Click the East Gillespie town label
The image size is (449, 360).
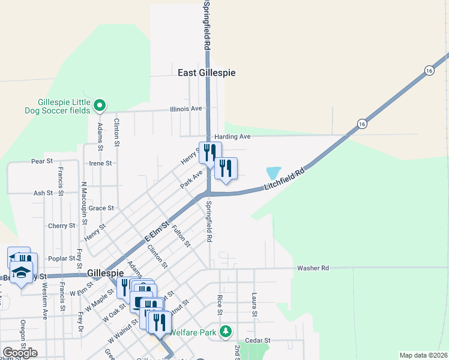(206, 73)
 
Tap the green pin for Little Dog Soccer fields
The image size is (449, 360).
(100, 106)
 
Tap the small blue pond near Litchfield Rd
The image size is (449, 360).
(273, 173)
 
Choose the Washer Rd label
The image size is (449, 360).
(313, 268)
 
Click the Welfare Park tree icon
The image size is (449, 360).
(226, 331)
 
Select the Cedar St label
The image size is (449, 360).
(258, 340)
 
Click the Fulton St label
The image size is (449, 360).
(181, 235)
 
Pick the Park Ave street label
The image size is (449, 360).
(191, 179)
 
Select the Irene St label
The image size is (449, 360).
(100, 163)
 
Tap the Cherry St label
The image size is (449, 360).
(61, 226)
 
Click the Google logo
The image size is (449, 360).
(20, 352)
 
